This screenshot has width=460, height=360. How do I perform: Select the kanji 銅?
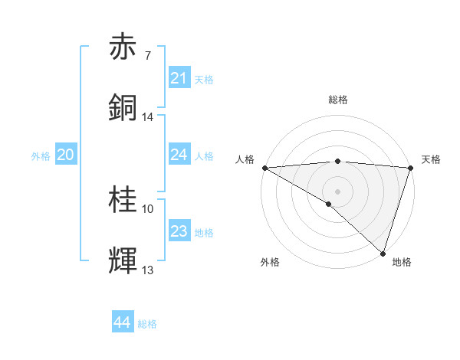(x=123, y=108)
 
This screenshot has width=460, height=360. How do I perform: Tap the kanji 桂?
(x=123, y=201)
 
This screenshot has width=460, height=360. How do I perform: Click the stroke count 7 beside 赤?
(x=147, y=55)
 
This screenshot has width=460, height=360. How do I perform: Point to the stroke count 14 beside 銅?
(x=148, y=117)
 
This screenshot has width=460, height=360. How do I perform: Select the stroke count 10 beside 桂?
(x=148, y=208)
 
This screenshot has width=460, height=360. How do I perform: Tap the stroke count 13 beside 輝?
(x=148, y=270)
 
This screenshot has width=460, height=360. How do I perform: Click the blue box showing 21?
(x=179, y=78)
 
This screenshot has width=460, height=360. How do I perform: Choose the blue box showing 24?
(x=179, y=155)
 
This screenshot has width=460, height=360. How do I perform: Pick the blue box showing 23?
(x=179, y=231)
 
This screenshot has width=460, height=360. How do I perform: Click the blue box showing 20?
(x=66, y=155)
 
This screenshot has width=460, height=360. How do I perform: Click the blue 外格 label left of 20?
(x=41, y=155)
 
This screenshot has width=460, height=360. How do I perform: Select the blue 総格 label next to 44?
(x=147, y=324)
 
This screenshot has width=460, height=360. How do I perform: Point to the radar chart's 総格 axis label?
(x=338, y=100)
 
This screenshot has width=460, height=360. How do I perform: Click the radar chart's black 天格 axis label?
(x=432, y=159)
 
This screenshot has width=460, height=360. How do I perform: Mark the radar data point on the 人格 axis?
(x=264, y=168)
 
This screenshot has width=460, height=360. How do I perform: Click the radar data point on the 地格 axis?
(x=383, y=254)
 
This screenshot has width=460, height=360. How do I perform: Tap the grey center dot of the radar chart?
(x=338, y=190)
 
